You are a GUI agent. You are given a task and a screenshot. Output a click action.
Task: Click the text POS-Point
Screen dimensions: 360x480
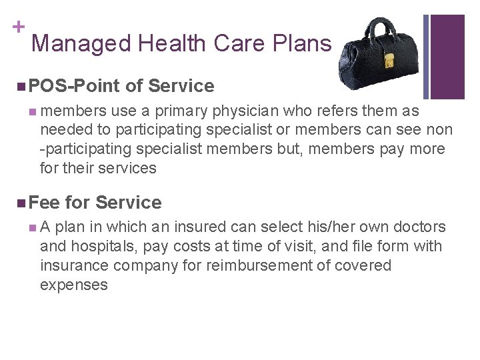[x=75, y=86]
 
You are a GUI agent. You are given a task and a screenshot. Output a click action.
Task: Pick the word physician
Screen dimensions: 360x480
[x=243, y=111]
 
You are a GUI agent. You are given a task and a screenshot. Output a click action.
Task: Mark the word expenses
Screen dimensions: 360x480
[x=74, y=285]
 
